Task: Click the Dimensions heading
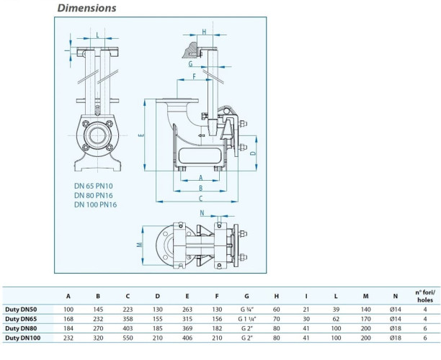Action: pyautogui.click(x=86, y=9)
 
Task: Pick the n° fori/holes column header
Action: pyautogui.click(x=425, y=294)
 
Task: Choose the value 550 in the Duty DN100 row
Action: pyautogui.click(x=128, y=337)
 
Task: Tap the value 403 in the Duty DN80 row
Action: pyautogui.click(x=128, y=328)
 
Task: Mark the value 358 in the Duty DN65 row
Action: pyautogui.click(x=128, y=318)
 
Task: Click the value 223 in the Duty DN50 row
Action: pyautogui.click(x=128, y=309)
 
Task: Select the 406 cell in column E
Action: pyautogui.click(x=187, y=337)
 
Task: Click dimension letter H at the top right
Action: pyautogui.click(x=204, y=32)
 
